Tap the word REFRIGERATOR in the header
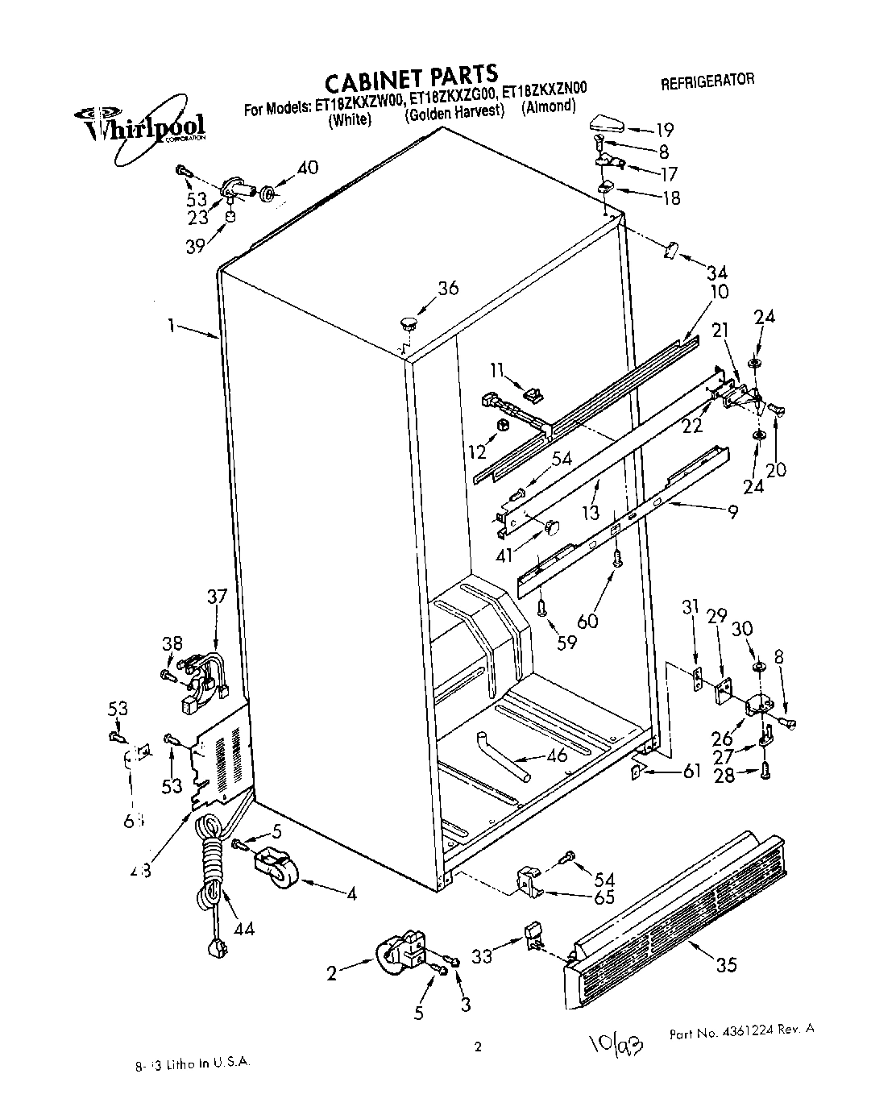(x=707, y=81)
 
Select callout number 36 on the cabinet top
(x=447, y=288)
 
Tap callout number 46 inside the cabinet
(x=557, y=755)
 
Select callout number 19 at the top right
(x=664, y=130)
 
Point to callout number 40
(x=307, y=169)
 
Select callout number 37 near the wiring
(x=217, y=597)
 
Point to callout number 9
(x=732, y=510)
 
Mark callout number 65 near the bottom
(x=604, y=897)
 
